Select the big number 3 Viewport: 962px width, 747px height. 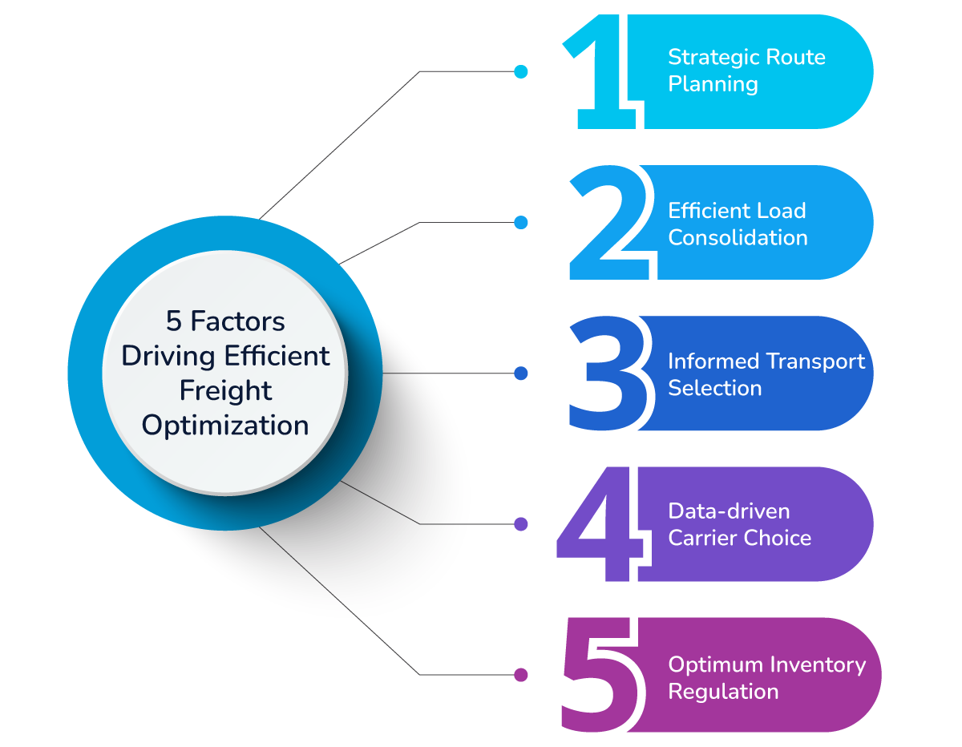tap(607, 374)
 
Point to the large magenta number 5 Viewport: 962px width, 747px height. tap(603, 675)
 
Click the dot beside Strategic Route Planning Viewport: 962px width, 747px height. tap(521, 72)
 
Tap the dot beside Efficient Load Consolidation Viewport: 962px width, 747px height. tap(521, 223)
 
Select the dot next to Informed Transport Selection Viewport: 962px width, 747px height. tap(521, 373)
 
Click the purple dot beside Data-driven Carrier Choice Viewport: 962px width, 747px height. tap(521, 524)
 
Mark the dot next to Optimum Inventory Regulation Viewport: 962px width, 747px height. tap(521, 675)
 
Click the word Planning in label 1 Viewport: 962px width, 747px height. tap(713, 84)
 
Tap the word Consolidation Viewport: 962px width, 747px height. tap(738, 238)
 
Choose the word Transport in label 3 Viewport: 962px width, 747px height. tap(814, 361)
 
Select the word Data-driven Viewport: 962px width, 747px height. tap(717, 511)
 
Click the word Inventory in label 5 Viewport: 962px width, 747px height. tap(818, 665)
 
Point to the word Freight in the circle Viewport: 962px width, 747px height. tap(225, 390)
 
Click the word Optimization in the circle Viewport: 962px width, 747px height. tap(225, 426)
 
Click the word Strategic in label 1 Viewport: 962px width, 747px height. tap(714, 58)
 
